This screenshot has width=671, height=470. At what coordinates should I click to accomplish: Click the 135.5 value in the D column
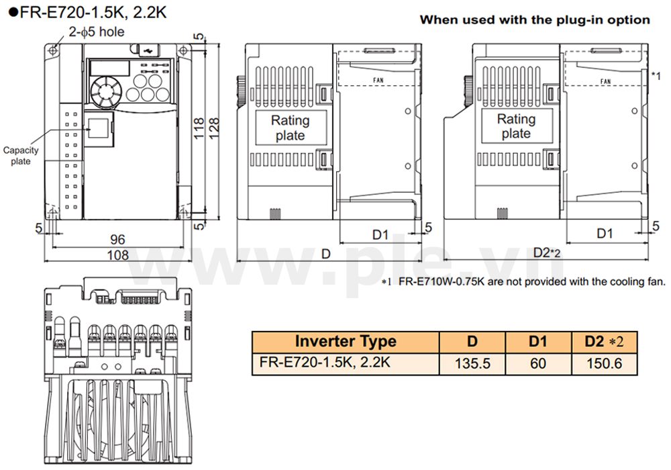pos(472,363)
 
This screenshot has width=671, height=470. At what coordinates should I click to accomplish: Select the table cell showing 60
pos(537,363)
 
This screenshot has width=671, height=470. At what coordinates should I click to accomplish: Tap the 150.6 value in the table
pos(604,363)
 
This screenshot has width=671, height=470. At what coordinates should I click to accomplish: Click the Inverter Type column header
pos(346,341)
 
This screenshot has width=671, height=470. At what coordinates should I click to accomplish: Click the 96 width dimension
pos(118,239)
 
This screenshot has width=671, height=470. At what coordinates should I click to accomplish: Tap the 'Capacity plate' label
pos(21,156)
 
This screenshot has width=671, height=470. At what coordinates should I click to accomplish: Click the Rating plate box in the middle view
pos(290,128)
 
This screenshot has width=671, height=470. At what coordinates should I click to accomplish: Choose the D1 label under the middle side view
pos(380,234)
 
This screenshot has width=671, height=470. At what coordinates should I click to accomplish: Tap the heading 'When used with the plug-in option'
pos(534,19)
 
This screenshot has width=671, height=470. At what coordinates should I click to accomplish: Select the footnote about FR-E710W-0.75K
pos(527,281)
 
